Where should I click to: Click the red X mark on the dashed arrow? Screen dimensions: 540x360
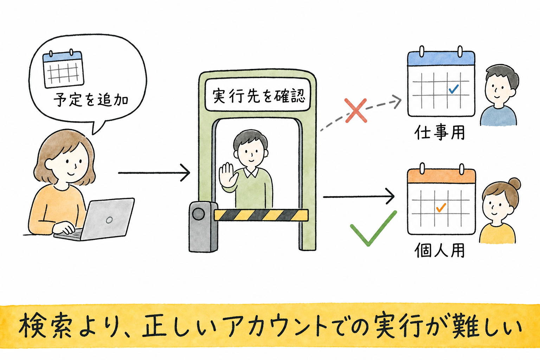356,110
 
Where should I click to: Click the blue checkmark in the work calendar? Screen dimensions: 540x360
454,89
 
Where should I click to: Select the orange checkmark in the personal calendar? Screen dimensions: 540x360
441,208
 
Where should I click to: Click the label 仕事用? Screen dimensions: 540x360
439,133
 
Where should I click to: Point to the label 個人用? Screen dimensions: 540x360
439,250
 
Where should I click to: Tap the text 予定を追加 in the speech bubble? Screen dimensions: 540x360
91,99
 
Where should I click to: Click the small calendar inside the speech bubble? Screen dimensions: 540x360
63,69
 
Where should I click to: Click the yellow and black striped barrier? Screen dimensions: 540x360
261,215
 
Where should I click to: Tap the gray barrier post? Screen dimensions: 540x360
203,227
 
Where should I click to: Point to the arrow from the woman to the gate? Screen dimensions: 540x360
154,173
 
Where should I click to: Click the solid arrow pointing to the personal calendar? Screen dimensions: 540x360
359,197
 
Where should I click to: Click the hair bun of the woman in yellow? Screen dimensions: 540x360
515,184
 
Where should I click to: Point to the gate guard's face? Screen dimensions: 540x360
251,154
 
